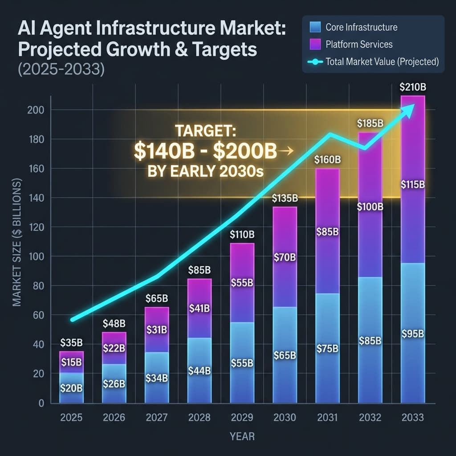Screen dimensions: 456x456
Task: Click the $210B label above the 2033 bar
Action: pyautogui.click(x=412, y=87)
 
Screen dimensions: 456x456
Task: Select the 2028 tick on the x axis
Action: pyautogui.click(x=199, y=417)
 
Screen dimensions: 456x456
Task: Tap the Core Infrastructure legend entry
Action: pyautogui.click(x=361, y=28)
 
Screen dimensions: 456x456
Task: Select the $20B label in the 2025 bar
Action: pyautogui.click(x=71, y=387)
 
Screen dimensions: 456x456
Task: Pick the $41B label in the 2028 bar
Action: pyautogui.click(x=199, y=308)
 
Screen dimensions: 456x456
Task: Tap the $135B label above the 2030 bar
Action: pyautogui.click(x=285, y=198)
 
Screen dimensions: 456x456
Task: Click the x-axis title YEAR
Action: pyautogui.click(x=242, y=436)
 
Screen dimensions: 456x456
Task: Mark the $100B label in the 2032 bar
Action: pyautogui.click(x=370, y=207)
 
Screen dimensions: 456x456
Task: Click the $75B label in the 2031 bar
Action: pyautogui.click(x=327, y=349)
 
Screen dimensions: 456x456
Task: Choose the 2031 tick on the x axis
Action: pyautogui.click(x=327, y=417)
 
